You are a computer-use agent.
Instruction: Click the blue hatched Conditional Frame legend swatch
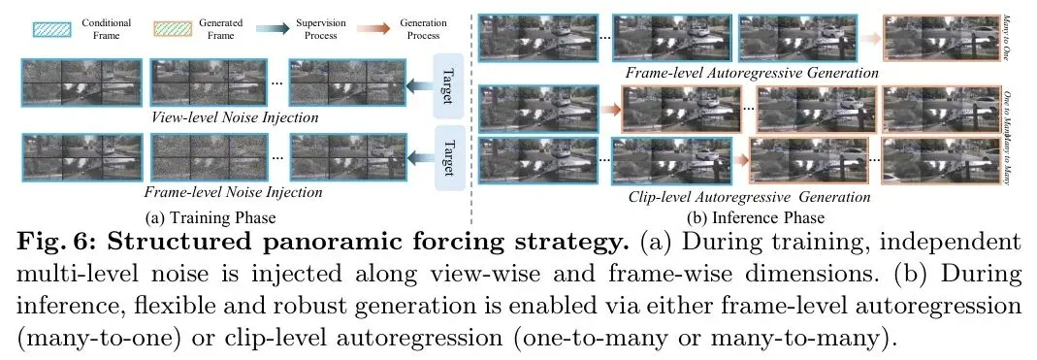click(x=51, y=29)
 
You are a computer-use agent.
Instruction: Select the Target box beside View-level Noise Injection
click(x=448, y=85)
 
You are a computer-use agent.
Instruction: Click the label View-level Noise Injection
click(x=235, y=117)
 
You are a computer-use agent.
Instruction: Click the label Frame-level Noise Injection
click(x=234, y=192)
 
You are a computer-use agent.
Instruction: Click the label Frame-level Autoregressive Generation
click(x=751, y=72)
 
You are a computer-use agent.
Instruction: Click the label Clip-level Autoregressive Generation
click(x=749, y=197)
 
